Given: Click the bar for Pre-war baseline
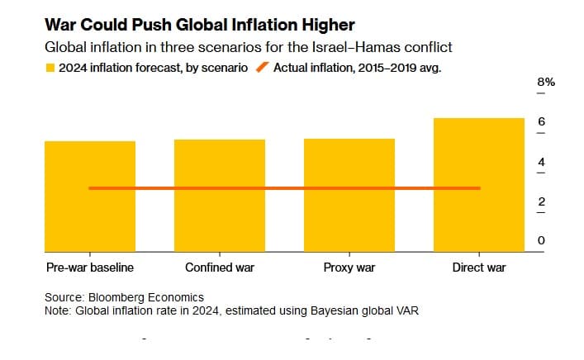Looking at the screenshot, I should (89, 219).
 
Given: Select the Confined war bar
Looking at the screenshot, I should (219, 219).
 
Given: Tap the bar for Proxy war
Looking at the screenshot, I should (349, 219).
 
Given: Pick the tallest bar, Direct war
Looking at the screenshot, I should (479, 215).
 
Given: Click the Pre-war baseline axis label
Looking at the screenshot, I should (89, 268).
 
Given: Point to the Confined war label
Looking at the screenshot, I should (220, 268).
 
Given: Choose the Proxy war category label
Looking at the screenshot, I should (349, 268).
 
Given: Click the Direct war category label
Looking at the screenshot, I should (479, 268).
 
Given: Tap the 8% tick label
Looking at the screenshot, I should (546, 83).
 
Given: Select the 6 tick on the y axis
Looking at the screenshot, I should (542, 122).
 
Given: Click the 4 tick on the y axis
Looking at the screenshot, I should (542, 162).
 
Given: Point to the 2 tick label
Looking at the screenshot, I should (542, 201).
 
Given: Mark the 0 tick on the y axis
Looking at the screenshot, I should (542, 240).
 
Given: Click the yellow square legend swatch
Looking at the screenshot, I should (50, 69).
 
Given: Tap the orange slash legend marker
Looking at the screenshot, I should (262, 69).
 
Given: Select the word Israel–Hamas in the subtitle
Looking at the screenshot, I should (387, 48).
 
